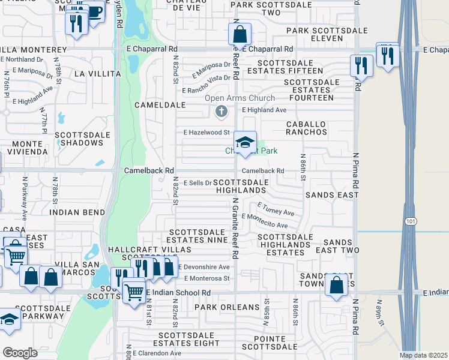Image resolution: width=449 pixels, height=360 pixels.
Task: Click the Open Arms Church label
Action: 240,98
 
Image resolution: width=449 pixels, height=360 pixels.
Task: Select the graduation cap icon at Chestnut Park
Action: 245,143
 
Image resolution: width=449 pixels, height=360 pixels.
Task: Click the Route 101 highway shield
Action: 409,214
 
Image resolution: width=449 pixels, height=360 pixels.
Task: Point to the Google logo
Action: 20,352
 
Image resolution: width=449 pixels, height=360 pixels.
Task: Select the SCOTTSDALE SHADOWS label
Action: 83,139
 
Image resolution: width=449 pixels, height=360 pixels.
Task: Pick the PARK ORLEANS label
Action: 227,307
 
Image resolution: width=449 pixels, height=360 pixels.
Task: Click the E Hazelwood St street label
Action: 206,132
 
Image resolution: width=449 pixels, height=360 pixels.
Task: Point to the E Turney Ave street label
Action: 276,212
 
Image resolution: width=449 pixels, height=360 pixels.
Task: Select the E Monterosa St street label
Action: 207,278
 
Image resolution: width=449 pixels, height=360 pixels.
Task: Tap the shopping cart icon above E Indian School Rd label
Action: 133,292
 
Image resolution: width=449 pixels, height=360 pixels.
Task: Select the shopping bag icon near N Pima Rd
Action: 336,285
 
